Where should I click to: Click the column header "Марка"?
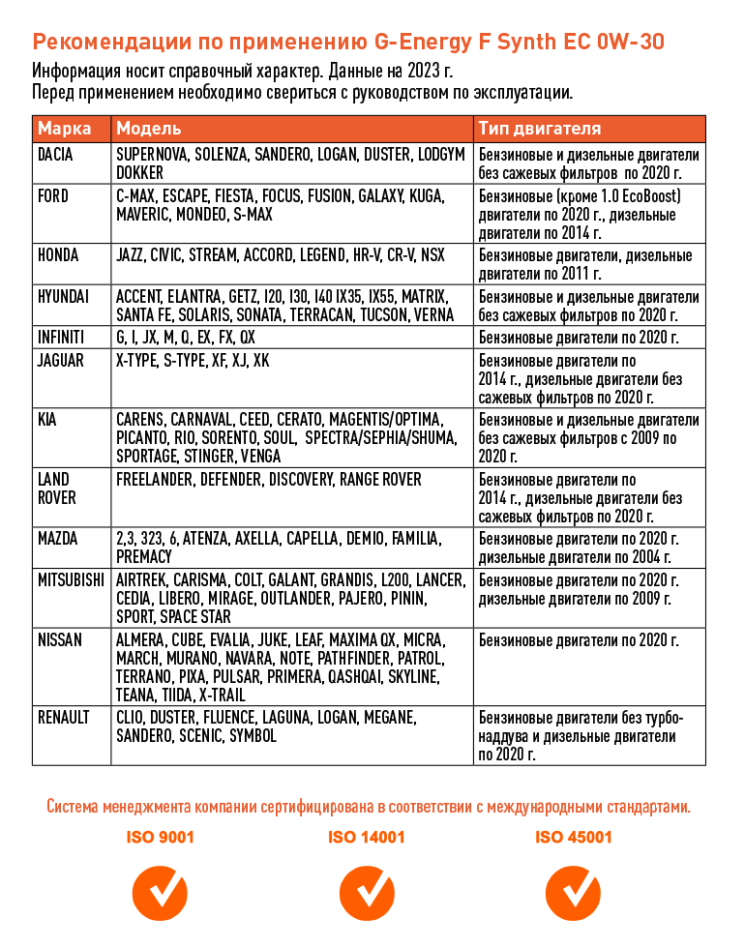(x=65, y=129)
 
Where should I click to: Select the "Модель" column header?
(x=148, y=129)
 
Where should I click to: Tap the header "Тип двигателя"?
(x=539, y=129)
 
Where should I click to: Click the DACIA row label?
(x=55, y=155)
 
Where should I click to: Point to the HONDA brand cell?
(x=58, y=255)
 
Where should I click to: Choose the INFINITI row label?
(x=61, y=338)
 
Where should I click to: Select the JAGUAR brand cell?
(x=61, y=361)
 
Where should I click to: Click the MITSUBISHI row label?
(x=71, y=580)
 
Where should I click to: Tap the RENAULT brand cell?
(x=63, y=718)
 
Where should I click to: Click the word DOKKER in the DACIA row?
(x=139, y=173)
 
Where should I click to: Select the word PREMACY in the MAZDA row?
(x=144, y=556)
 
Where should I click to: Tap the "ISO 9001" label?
(x=160, y=837)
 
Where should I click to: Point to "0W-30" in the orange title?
(x=630, y=43)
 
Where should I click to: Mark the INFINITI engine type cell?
(x=579, y=338)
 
